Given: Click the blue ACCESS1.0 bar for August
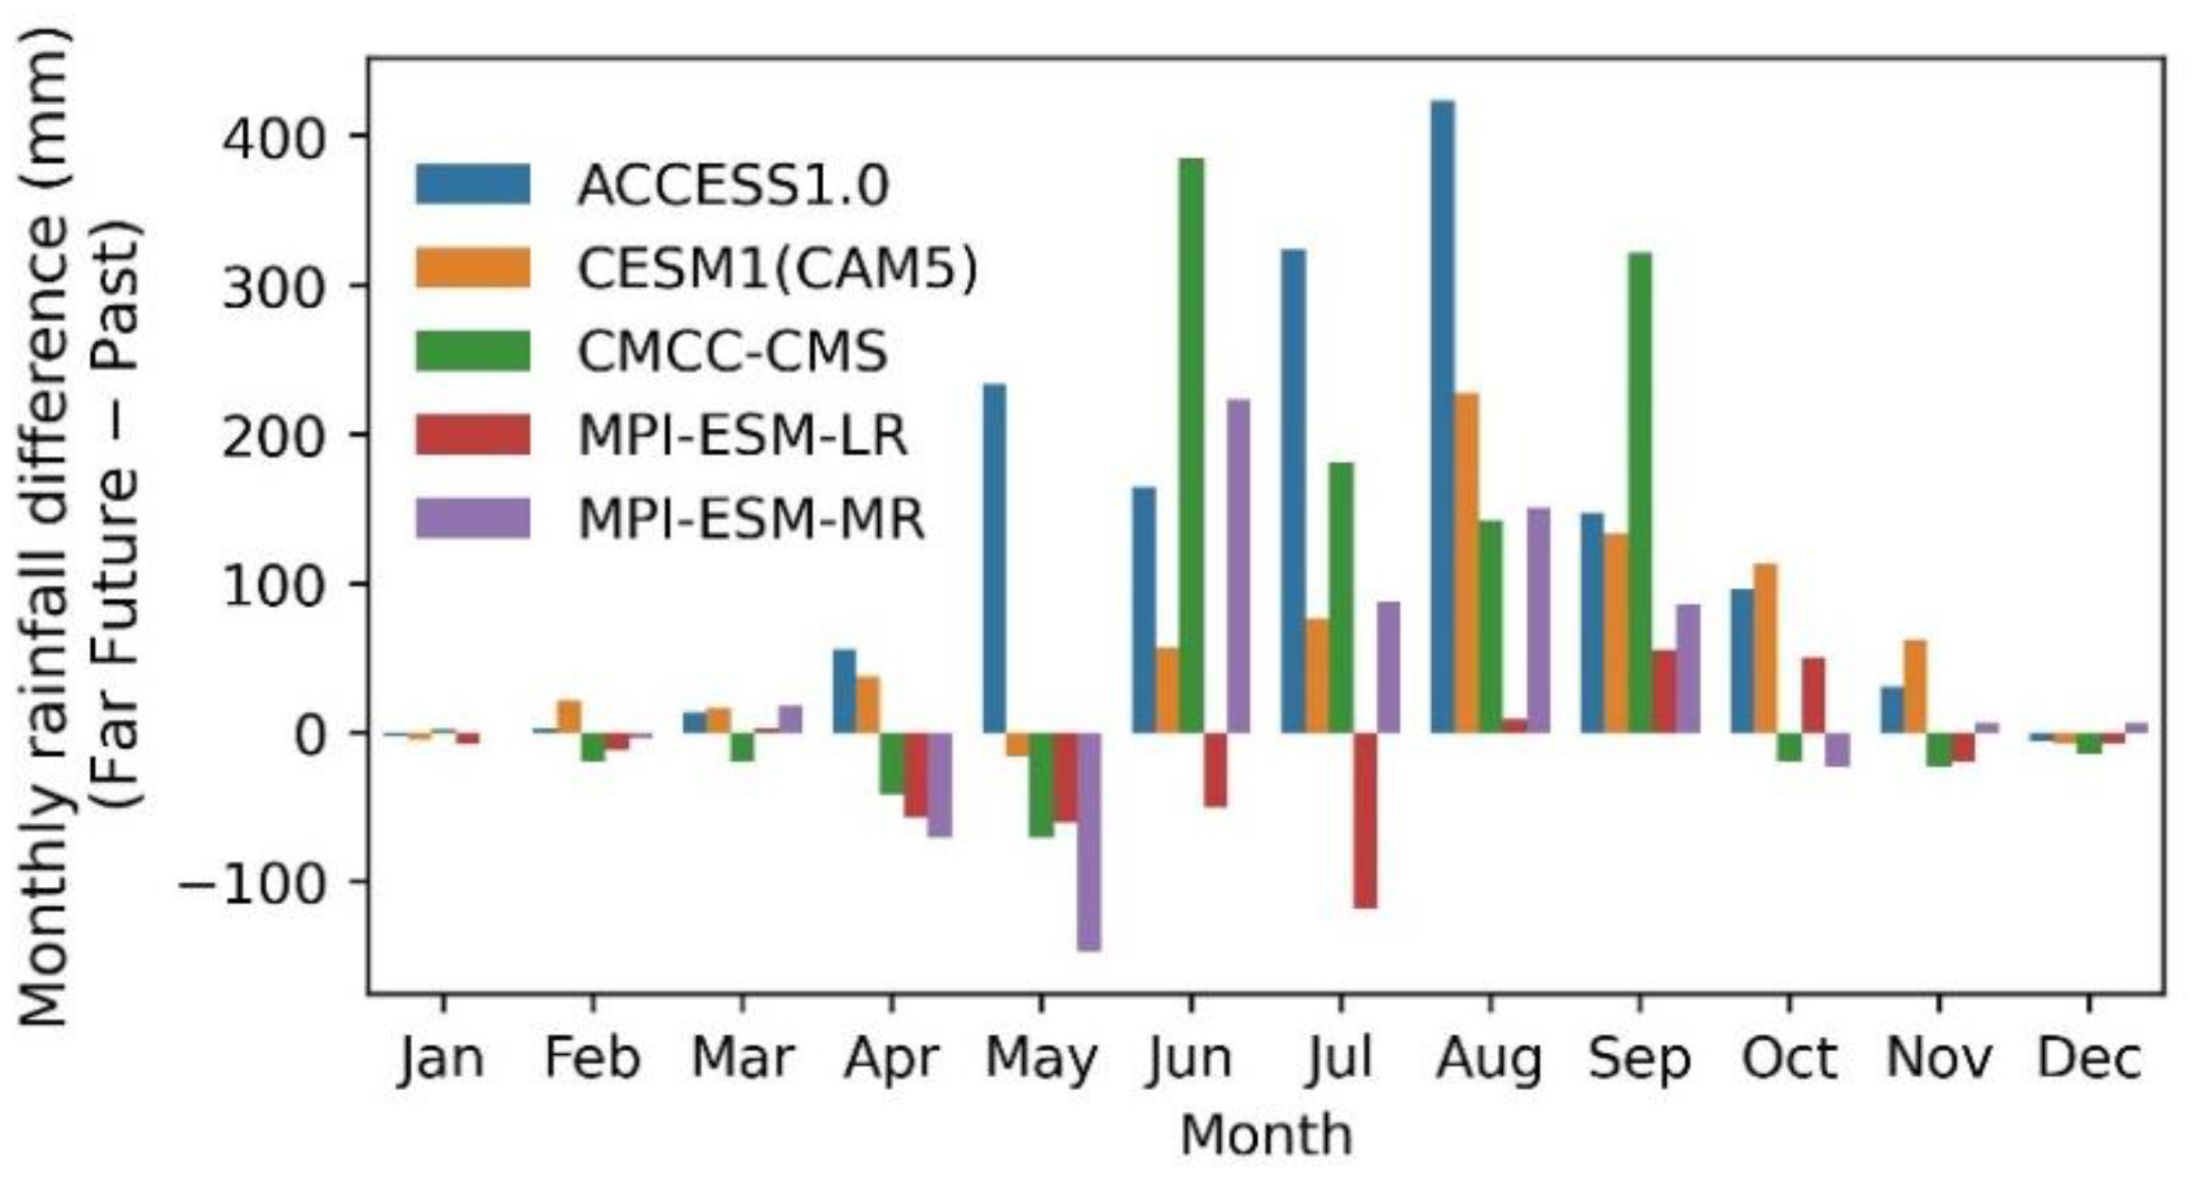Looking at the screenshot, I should pyautogui.click(x=1443, y=417).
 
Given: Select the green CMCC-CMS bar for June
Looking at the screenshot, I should pyautogui.click(x=1192, y=445).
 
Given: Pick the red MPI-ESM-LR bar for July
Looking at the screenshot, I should pyautogui.click(x=1365, y=820).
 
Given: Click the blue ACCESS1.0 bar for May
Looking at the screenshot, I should pyautogui.click(x=994, y=559).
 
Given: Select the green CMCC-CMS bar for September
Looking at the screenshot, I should pyautogui.click(x=1640, y=492).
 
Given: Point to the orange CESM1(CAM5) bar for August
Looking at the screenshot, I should pyautogui.click(x=1466, y=562).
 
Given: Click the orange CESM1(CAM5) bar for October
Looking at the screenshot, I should pyautogui.click(x=1766, y=648).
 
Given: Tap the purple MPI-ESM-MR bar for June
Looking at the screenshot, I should pyautogui.click(x=1238, y=566).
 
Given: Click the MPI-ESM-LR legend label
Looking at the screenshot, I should pyautogui.click(x=742, y=436).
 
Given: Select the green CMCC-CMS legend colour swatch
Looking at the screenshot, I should pyautogui.click(x=473, y=351).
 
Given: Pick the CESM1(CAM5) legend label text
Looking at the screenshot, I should pyautogui.click(x=777, y=269).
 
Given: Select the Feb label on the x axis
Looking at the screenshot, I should pyautogui.click(x=592, y=1059).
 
